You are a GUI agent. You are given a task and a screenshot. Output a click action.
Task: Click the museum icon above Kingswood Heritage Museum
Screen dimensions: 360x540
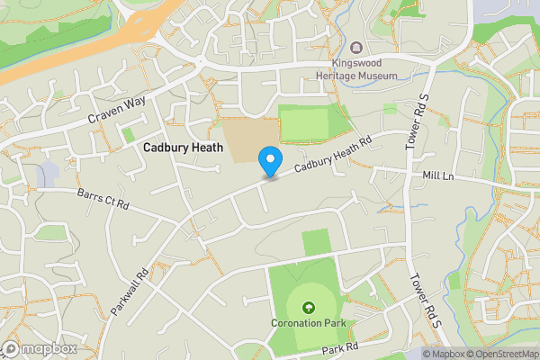[x=357, y=48]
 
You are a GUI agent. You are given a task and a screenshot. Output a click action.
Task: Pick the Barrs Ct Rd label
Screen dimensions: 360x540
[x=103, y=199]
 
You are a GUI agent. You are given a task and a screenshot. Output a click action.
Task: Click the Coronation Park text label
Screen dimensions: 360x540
[x=309, y=323]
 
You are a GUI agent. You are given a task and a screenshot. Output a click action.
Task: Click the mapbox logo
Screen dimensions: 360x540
[x=39, y=349]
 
